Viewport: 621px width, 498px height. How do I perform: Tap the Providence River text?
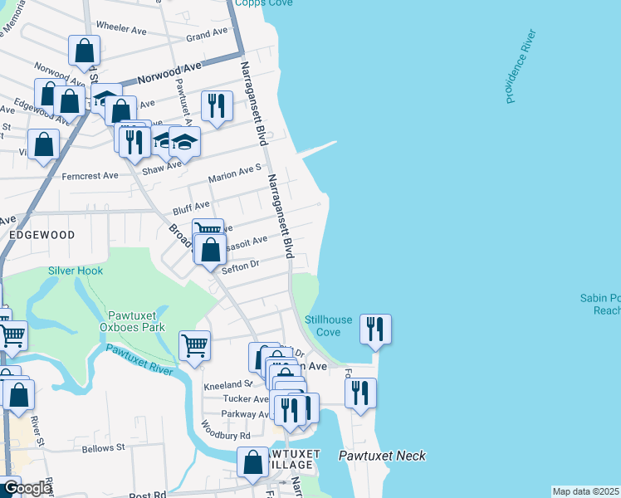[x=521, y=66]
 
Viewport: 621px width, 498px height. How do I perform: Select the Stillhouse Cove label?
[x=323, y=325]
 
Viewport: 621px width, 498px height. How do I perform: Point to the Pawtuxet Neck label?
[x=382, y=456]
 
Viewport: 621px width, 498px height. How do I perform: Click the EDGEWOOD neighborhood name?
[x=42, y=235]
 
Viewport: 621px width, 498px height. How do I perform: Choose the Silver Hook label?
[x=75, y=271]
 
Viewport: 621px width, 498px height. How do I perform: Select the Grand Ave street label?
[x=207, y=34]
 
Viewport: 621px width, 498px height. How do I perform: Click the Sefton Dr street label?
[x=242, y=265]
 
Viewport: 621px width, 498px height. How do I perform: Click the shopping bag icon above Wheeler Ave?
[x=85, y=51]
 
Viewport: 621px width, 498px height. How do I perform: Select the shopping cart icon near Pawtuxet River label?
[x=194, y=344]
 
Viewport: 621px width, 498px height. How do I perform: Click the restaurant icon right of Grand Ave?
[x=217, y=105]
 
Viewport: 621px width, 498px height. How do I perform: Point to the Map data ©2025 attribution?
[x=585, y=491]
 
